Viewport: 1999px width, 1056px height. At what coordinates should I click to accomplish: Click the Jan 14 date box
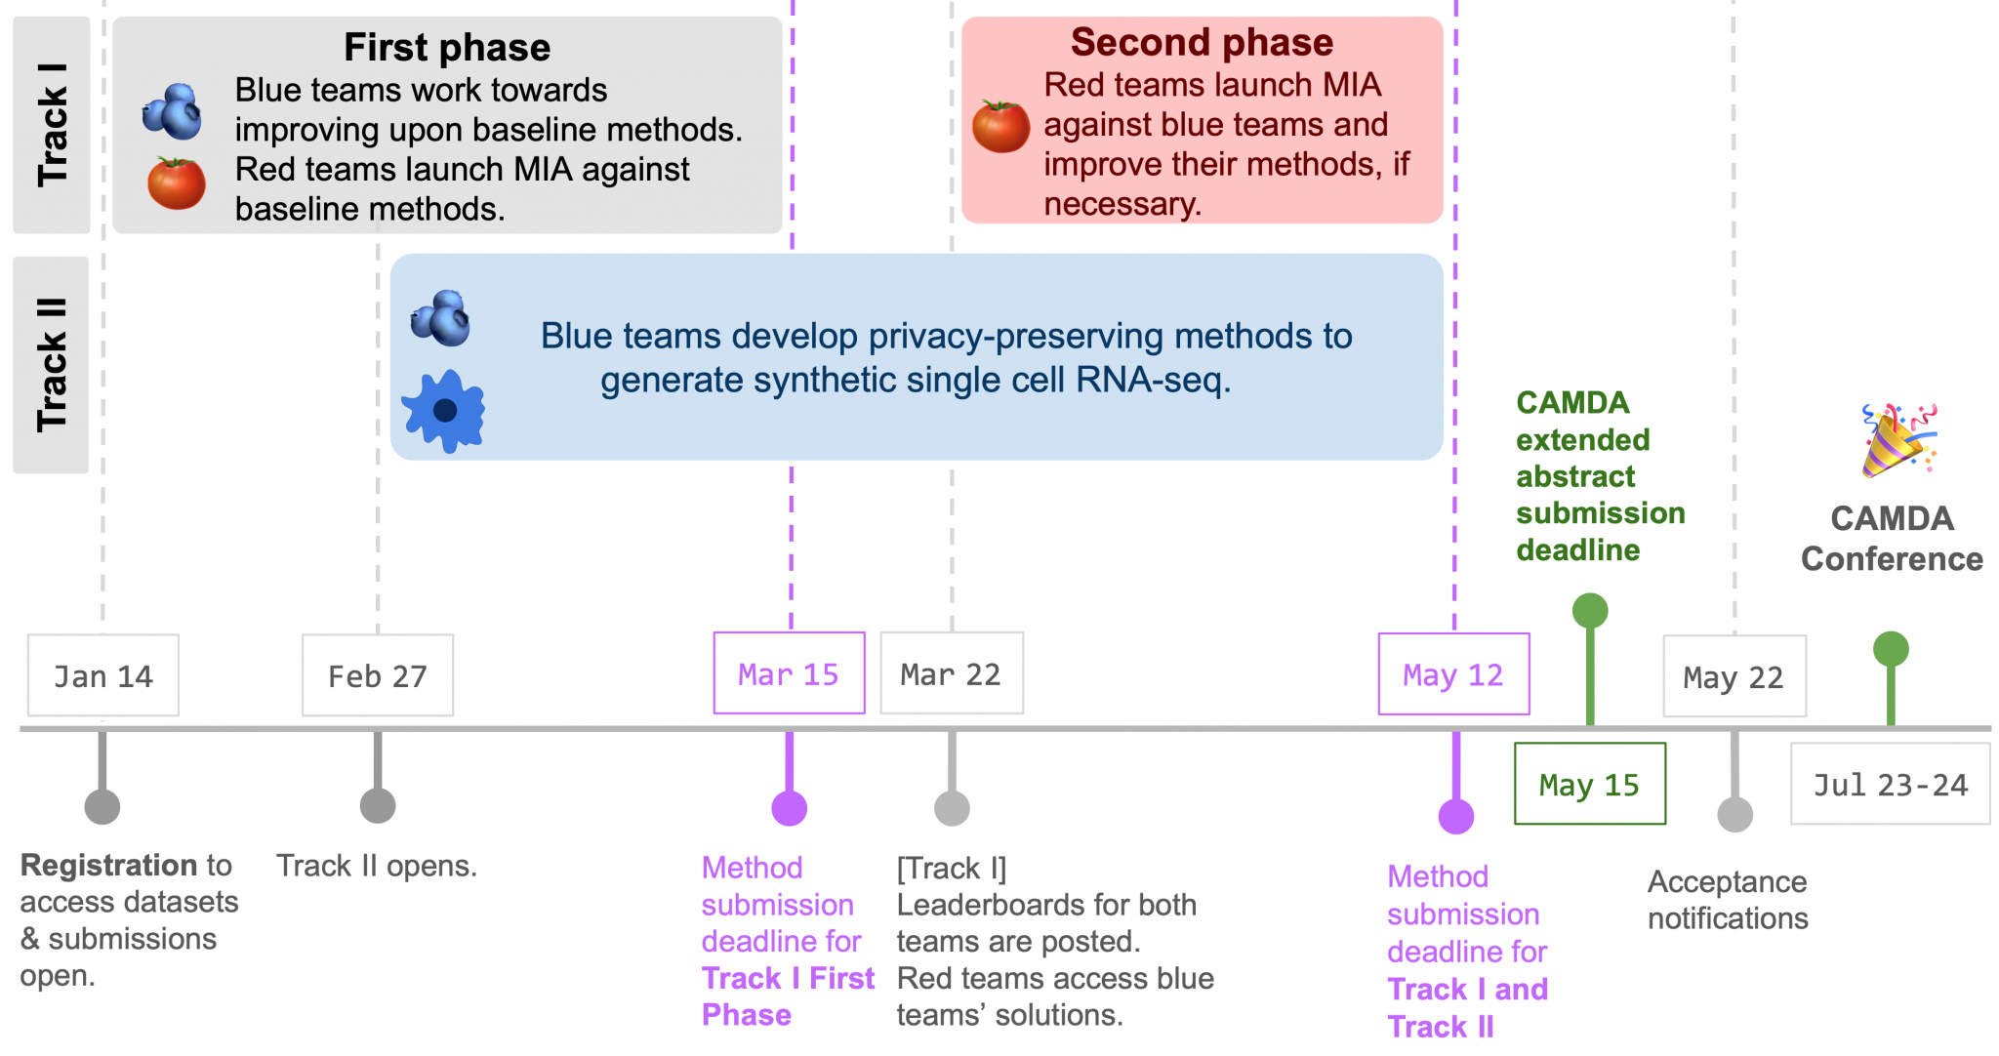(x=102, y=675)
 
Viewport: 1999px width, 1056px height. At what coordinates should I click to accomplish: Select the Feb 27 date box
(x=377, y=675)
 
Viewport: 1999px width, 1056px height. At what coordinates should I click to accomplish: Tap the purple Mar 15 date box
(x=789, y=673)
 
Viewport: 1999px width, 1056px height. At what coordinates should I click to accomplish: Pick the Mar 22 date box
(x=951, y=673)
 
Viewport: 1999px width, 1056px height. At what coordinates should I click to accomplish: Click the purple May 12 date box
(x=1452, y=674)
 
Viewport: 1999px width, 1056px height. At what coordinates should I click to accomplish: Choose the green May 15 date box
(x=1589, y=784)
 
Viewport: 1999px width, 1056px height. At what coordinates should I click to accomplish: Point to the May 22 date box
(x=1734, y=676)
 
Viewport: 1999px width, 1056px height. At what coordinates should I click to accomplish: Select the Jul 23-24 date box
(x=1890, y=784)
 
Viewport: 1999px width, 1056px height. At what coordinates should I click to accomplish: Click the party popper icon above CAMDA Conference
(x=1897, y=440)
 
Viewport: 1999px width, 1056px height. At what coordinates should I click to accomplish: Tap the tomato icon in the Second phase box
(x=1000, y=127)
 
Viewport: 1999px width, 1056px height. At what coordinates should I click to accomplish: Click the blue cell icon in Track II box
(x=444, y=411)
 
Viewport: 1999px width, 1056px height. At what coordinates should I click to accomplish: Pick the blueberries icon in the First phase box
(x=173, y=111)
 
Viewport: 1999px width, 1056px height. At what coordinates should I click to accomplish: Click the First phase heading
(x=447, y=47)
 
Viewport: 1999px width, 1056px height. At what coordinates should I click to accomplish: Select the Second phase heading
(x=1202, y=42)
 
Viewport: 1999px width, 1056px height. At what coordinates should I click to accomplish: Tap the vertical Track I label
(x=52, y=125)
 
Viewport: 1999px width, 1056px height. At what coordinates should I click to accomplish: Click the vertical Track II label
(x=52, y=364)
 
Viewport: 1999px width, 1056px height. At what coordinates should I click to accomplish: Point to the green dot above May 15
(x=1589, y=611)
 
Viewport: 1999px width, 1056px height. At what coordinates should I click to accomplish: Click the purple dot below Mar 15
(x=789, y=808)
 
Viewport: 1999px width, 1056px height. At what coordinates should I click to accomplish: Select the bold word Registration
(x=109, y=865)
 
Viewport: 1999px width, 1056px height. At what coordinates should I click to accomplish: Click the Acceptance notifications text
(x=1727, y=899)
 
